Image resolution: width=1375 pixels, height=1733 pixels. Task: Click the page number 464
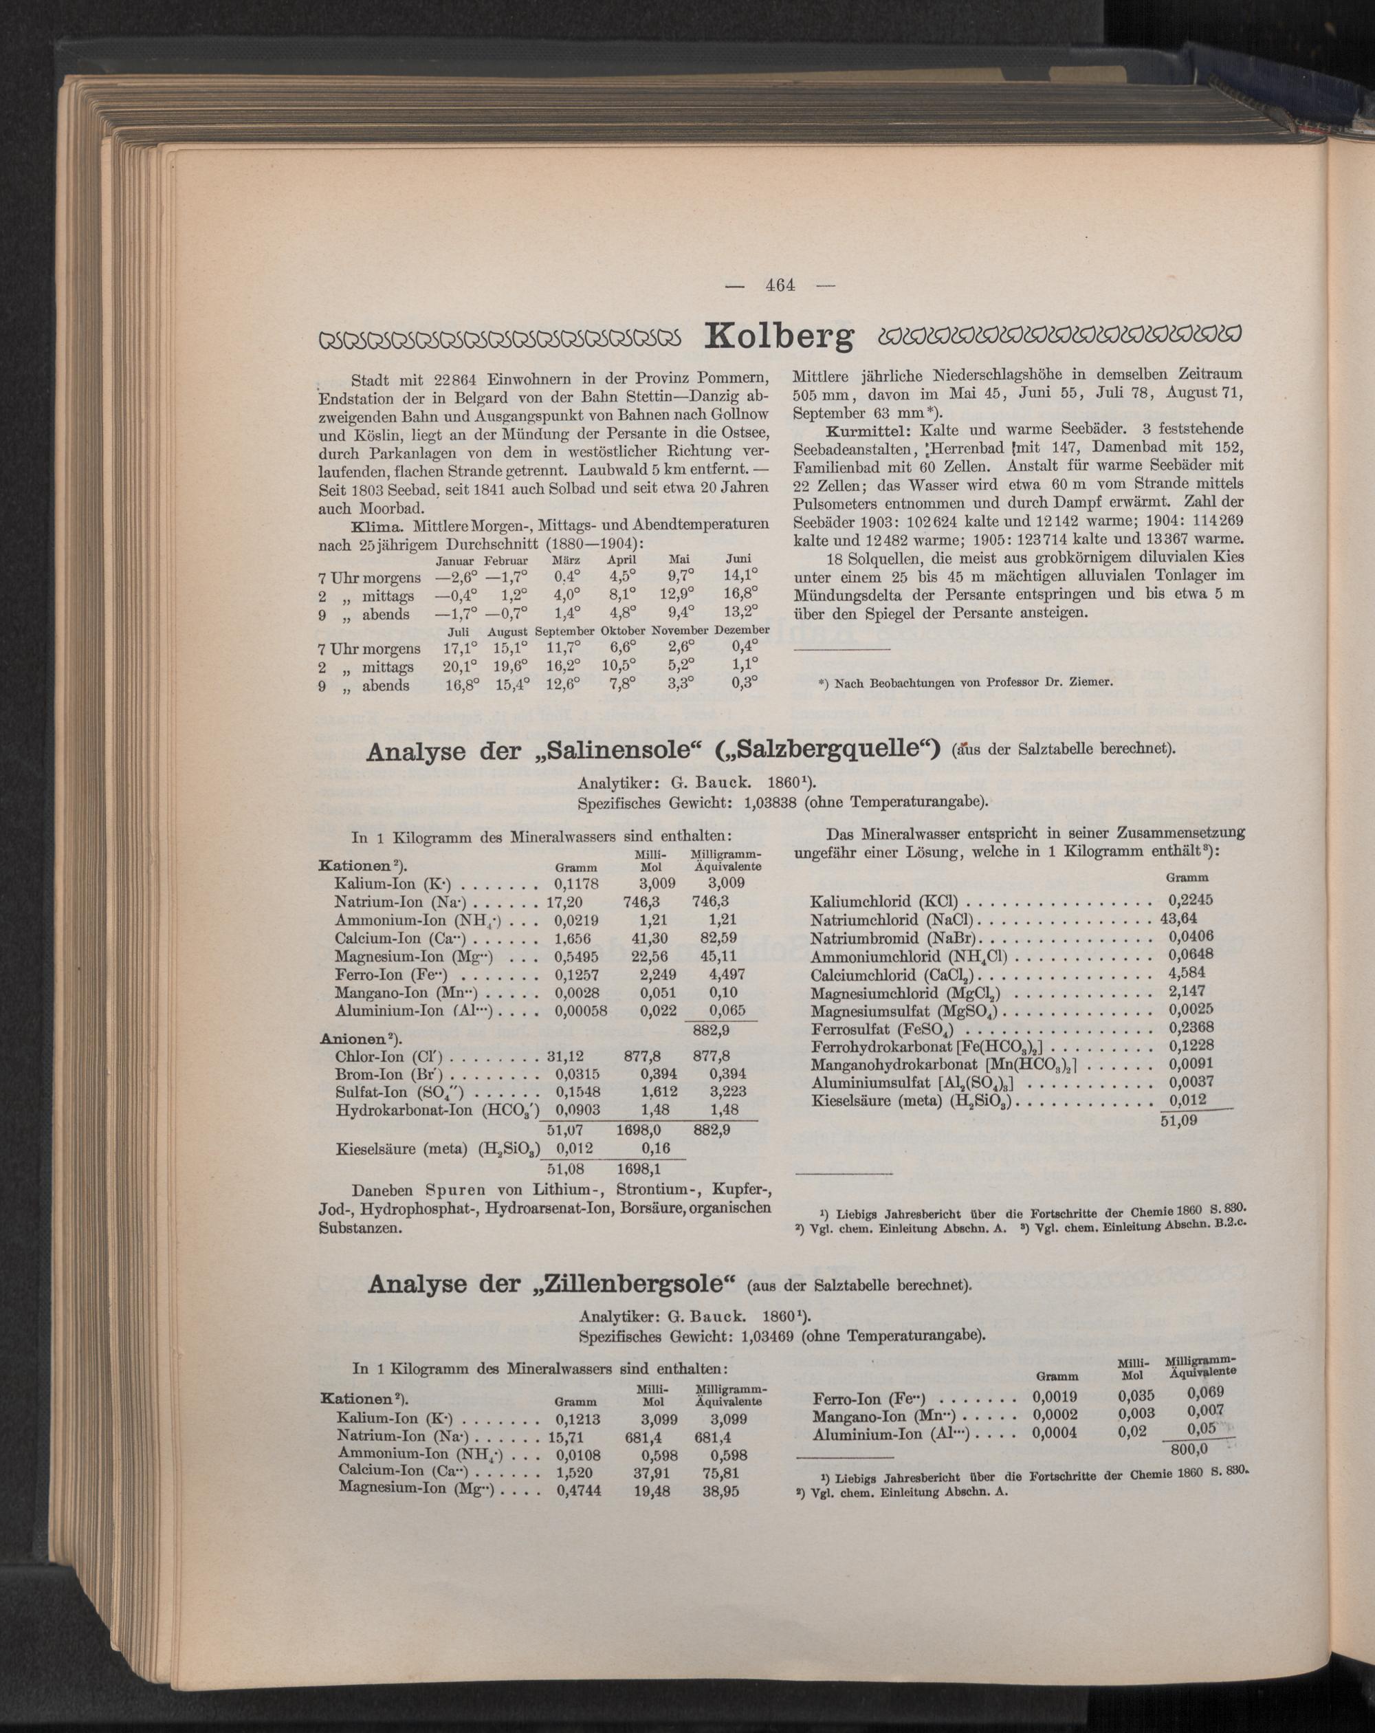click(779, 285)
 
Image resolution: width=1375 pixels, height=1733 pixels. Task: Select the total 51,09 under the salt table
click(1178, 1119)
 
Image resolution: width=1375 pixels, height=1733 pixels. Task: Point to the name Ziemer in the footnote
click(1089, 684)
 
